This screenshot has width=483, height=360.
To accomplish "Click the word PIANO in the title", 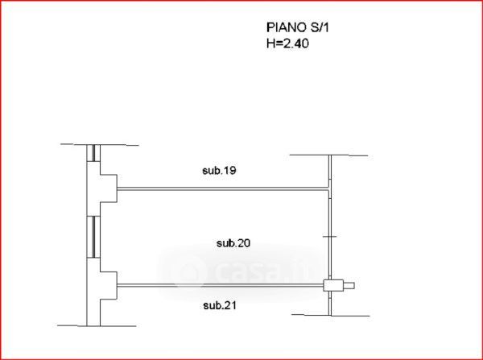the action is (286, 27).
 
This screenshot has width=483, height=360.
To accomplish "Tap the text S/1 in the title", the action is (319, 27).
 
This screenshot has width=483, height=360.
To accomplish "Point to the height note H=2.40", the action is (287, 43).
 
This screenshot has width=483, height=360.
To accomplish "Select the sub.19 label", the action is (219, 171).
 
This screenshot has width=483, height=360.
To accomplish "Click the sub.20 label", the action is (233, 243).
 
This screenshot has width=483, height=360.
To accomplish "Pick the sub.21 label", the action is (220, 306).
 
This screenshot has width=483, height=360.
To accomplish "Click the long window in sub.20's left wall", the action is (93, 237).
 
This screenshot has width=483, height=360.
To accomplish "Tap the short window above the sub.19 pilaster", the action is (93, 153).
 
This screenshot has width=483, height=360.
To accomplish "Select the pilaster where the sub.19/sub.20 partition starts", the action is (109, 188).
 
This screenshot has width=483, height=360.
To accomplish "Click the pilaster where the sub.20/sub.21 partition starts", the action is (109, 285).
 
